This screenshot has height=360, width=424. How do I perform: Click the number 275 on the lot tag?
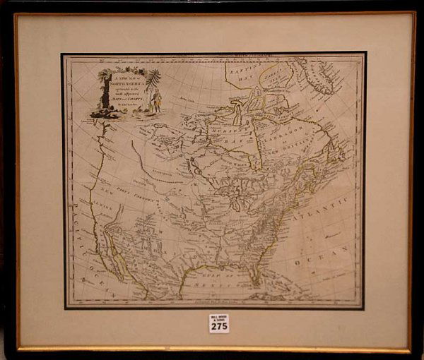pyautogui.click(x=219, y=327)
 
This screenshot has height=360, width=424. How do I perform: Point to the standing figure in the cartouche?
pyautogui.click(x=156, y=99)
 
